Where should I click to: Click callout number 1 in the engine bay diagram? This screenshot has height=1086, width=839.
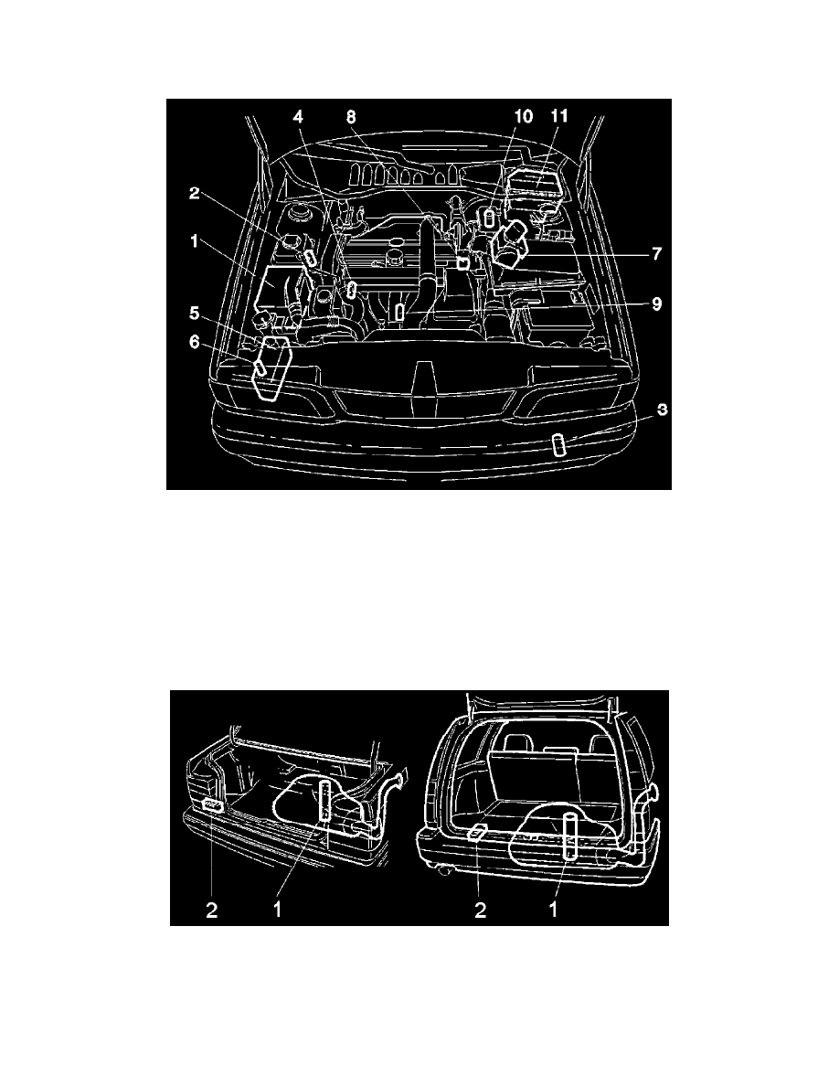(x=195, y=241)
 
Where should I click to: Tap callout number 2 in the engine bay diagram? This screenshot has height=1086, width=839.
(x=195, y=193)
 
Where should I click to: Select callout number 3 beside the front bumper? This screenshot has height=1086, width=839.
(x=662, y=410)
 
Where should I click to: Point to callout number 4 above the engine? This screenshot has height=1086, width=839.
(x=298, y=116)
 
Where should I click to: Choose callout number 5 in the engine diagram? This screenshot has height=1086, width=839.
(x=195, y=314)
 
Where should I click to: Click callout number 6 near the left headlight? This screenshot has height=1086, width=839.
(x=195, y=342)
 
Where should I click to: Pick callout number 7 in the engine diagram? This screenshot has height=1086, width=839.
(x=655, y=253)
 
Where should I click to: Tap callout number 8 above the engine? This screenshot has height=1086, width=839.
(x=352, y=116)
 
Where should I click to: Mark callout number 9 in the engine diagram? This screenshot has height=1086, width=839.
(x=655, y=303)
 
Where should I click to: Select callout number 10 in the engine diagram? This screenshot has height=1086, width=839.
(x=524, y=116)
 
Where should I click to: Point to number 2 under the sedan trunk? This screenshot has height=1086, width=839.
(x=212, y=910)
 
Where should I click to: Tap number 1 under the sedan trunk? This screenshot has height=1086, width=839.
(x=278, y=910)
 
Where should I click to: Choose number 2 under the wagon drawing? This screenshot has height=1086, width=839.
(x=481, y=910)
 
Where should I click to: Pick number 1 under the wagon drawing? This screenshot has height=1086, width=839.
(x=553, y=910)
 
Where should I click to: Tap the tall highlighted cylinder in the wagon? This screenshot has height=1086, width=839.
(x=569, y=836)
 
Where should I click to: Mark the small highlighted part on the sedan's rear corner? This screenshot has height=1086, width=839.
(x=213, y=804)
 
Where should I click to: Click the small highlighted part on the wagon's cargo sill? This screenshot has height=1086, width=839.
(x=478, y=833)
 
